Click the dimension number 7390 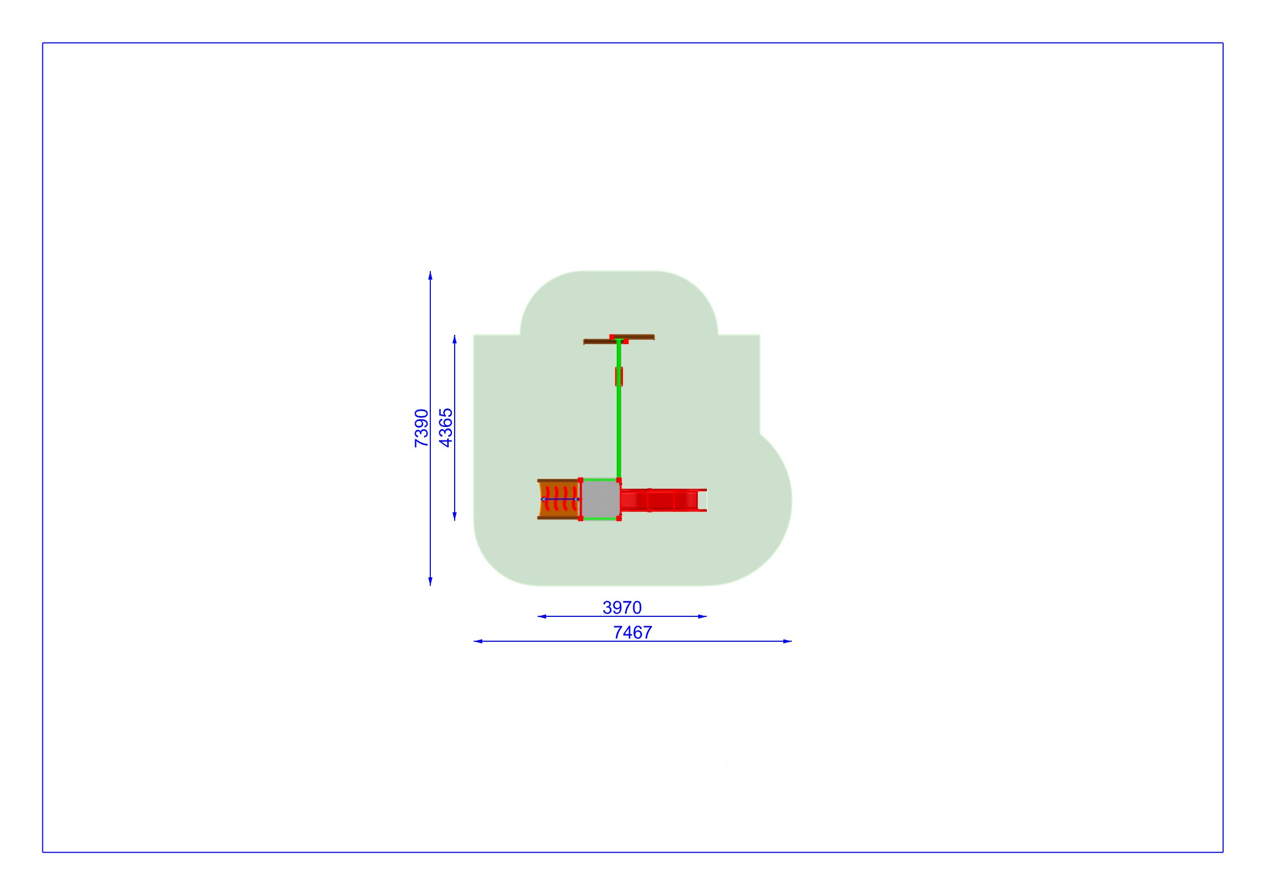pyautogui.click(x=421, y=427)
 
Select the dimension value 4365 pyautogui.click(x=445, y=427)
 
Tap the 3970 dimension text pyautogui.click(x=622, y=607)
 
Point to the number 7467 pyautogui.click(x=632, y=632)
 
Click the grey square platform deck pyautogui.click(x=600, y=499)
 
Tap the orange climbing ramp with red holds pyautogui.click(x=559, y=499)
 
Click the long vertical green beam pyautogui.click(x=619, y=410)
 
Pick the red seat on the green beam pyautogui.click(x=619, y=377)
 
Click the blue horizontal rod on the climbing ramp pyautogui.click(x=560, y=499)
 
